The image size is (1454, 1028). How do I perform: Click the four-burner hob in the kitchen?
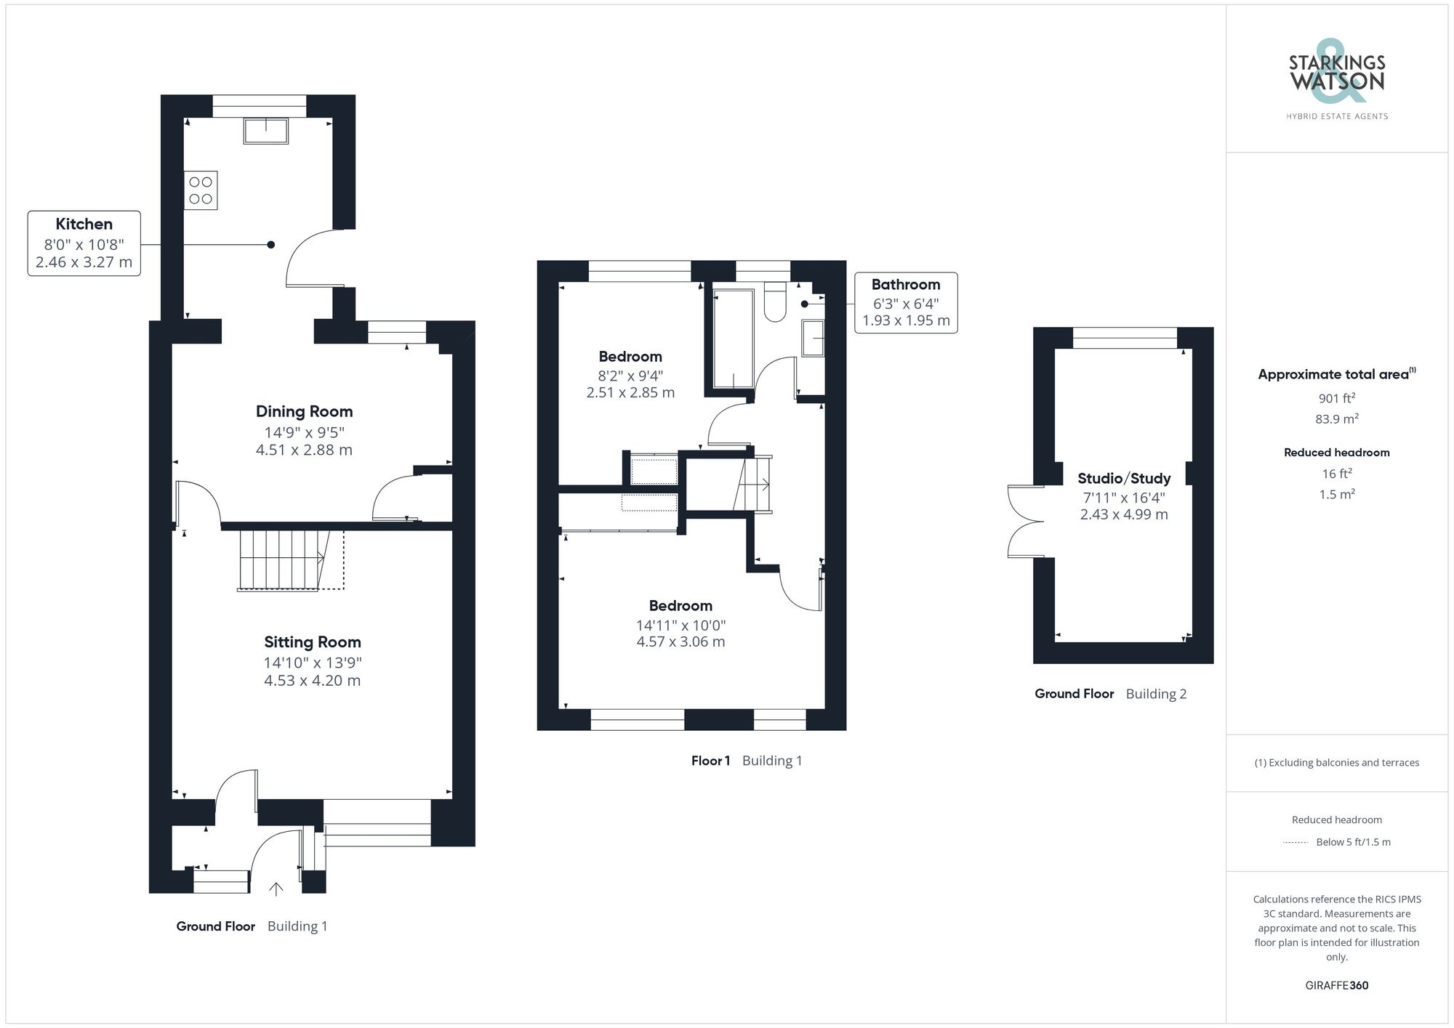(x=201, y=190)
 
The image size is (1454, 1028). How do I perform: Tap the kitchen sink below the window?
(x=266, y=131)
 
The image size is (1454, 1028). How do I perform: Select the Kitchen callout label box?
(x=84, y=243)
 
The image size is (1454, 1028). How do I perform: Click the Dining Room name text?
(x=304, y=411)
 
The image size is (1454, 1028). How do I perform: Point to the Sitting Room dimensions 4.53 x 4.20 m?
(x=312, y=681)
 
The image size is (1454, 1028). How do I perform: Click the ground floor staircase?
(x=284, y=559)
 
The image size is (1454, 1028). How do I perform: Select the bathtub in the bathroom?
(x=734, y=339)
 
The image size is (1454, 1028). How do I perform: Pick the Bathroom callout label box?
(x=905, y=303)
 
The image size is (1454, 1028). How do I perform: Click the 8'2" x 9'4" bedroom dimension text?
(x=630, y=376)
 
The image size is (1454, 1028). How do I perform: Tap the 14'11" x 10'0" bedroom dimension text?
(x=680, y=625)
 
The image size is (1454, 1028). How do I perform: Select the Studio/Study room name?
(x=1124, y=478)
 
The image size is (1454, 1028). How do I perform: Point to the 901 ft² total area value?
(x=1336, y=398)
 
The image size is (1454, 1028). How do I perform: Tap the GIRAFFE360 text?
(x=1336, y=985)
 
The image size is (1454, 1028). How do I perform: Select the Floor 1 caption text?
(x=710, y=761)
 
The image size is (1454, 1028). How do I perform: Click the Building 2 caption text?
(x=1156, y=694)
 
